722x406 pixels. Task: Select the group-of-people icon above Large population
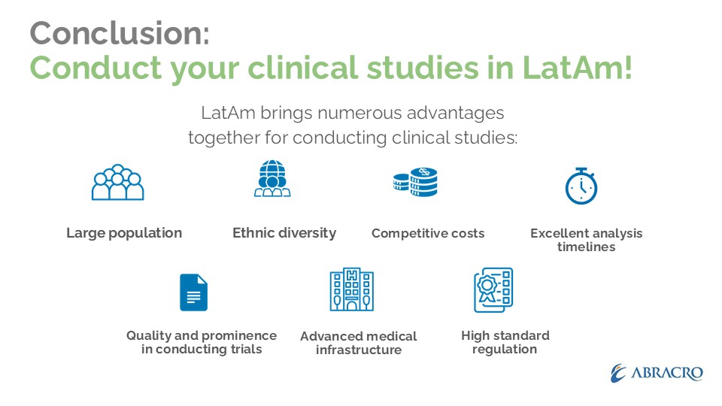pyautogui.click(x=118, y=182)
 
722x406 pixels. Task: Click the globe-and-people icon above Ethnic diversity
pyautogui.click(x=272, y=179)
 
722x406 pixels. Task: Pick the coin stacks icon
pyautogui.click(x=415, y=182)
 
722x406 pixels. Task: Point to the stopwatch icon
pyautogui.click(x=581, y=186)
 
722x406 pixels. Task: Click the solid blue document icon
pyautogui.click(x=193, y=292)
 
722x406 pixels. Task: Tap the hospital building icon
pyautogui.click(x=352, y=289)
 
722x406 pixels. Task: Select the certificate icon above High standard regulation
pyautogui.click(x=493, y=290)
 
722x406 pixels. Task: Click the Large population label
pyautogui.click(x=124, y=233)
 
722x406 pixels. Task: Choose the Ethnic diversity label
pyautogui.click(x=284, y=233)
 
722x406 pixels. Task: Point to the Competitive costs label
pyautogui.click(x=428, y=233)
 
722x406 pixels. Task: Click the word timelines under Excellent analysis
pyautogui.click(x=586, y=247)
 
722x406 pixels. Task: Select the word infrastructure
pyautogui.click(x=359, y=350)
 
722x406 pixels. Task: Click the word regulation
pyautogui.click(x=505, y=350)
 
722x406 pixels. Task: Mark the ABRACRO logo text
pyautogui.click(x=667, y=373)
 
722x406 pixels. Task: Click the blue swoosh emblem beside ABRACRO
pyautogui.click(x=618, y=374)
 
